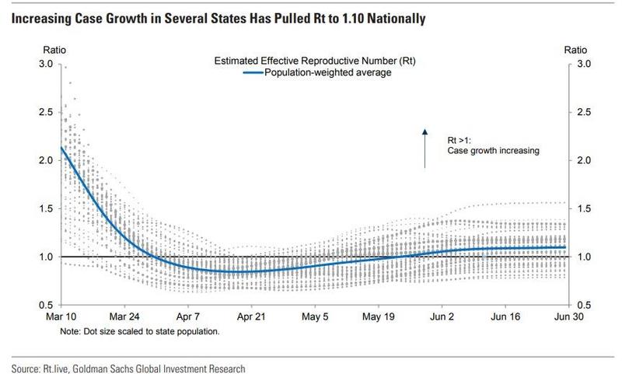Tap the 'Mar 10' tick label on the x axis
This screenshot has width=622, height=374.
(59, 317)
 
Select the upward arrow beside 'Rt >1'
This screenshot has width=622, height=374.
(425, 148)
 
